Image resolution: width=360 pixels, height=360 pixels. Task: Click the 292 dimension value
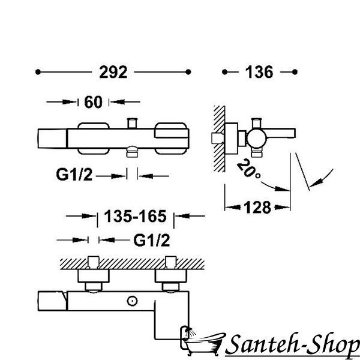coord(113,72)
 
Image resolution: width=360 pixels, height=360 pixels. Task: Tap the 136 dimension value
coord(259,72)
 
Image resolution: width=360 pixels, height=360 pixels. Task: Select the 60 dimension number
coord(93,102)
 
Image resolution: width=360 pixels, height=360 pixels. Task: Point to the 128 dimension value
coord(257,208)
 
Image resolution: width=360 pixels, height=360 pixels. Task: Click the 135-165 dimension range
coord(135,216)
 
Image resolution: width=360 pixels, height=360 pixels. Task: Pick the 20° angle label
coord(248,169)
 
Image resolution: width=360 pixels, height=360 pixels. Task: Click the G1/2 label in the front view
coord(74,175)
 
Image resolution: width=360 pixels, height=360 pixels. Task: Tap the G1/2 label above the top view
coord(152,241)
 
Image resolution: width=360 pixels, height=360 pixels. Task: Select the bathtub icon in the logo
coord(202,341)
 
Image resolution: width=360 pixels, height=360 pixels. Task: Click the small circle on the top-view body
coord(132,301)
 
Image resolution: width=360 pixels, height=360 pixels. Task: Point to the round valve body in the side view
coord(256,139)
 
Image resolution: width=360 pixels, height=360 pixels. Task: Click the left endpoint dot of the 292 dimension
coord(38,72)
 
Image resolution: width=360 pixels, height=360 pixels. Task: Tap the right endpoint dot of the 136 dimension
coord(295,72)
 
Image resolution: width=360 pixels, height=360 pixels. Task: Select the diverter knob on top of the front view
coord(132,123)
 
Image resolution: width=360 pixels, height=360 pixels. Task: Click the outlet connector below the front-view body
coord(132,152)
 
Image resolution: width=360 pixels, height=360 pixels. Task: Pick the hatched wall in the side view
coord(219,139)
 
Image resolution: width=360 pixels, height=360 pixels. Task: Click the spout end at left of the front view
coord(52,139)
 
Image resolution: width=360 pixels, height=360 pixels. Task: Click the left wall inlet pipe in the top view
coord(94,262)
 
